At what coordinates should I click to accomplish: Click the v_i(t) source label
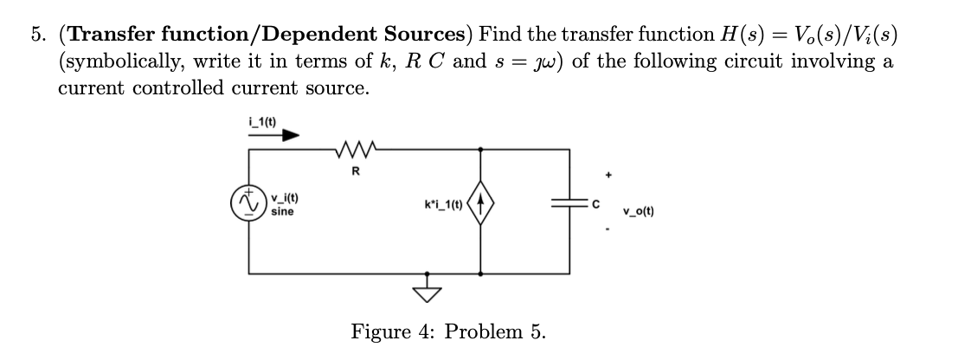(x=282, y=199)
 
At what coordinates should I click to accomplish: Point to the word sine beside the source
(x=281, y=211)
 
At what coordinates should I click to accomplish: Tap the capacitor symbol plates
(x=569, y=204)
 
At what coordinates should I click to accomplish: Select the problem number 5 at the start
(x=38, y=35)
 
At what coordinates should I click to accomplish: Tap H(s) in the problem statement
(x=733, y=35)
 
